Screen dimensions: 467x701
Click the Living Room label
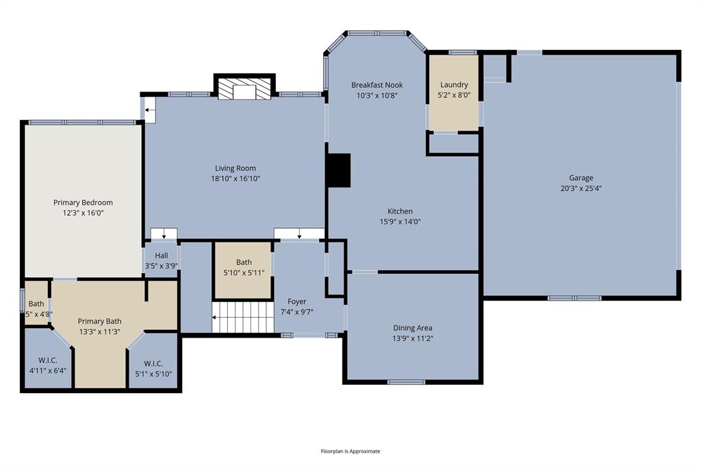click(235, 168)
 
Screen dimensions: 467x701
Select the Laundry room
click(454, 92)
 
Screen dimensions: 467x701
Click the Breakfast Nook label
click(377, 85)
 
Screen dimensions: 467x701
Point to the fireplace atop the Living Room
click(244, 89)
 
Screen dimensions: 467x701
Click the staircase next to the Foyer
click(242, 318)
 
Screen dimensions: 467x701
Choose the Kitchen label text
click(400, 212)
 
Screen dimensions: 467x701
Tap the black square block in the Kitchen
click(339, 171)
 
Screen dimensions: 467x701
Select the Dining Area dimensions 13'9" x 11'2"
click(413, 338)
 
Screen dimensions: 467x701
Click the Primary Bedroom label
click(83, 203)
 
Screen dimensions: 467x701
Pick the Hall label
click(161, 255)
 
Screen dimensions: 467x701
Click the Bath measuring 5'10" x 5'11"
click(244, 267)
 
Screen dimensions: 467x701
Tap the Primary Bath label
click(99, 321)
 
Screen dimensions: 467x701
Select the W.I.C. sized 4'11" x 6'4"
click(47, 365)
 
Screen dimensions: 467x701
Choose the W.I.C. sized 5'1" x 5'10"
click(153, 368)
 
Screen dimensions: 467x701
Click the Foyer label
click(297, 301)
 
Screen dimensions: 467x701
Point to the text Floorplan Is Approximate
click(350, 451)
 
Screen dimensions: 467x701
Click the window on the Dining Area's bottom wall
click(406, 382)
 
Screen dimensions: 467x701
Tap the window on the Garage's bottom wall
click(574, 298)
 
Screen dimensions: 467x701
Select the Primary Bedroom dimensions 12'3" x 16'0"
click(83, 213)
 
